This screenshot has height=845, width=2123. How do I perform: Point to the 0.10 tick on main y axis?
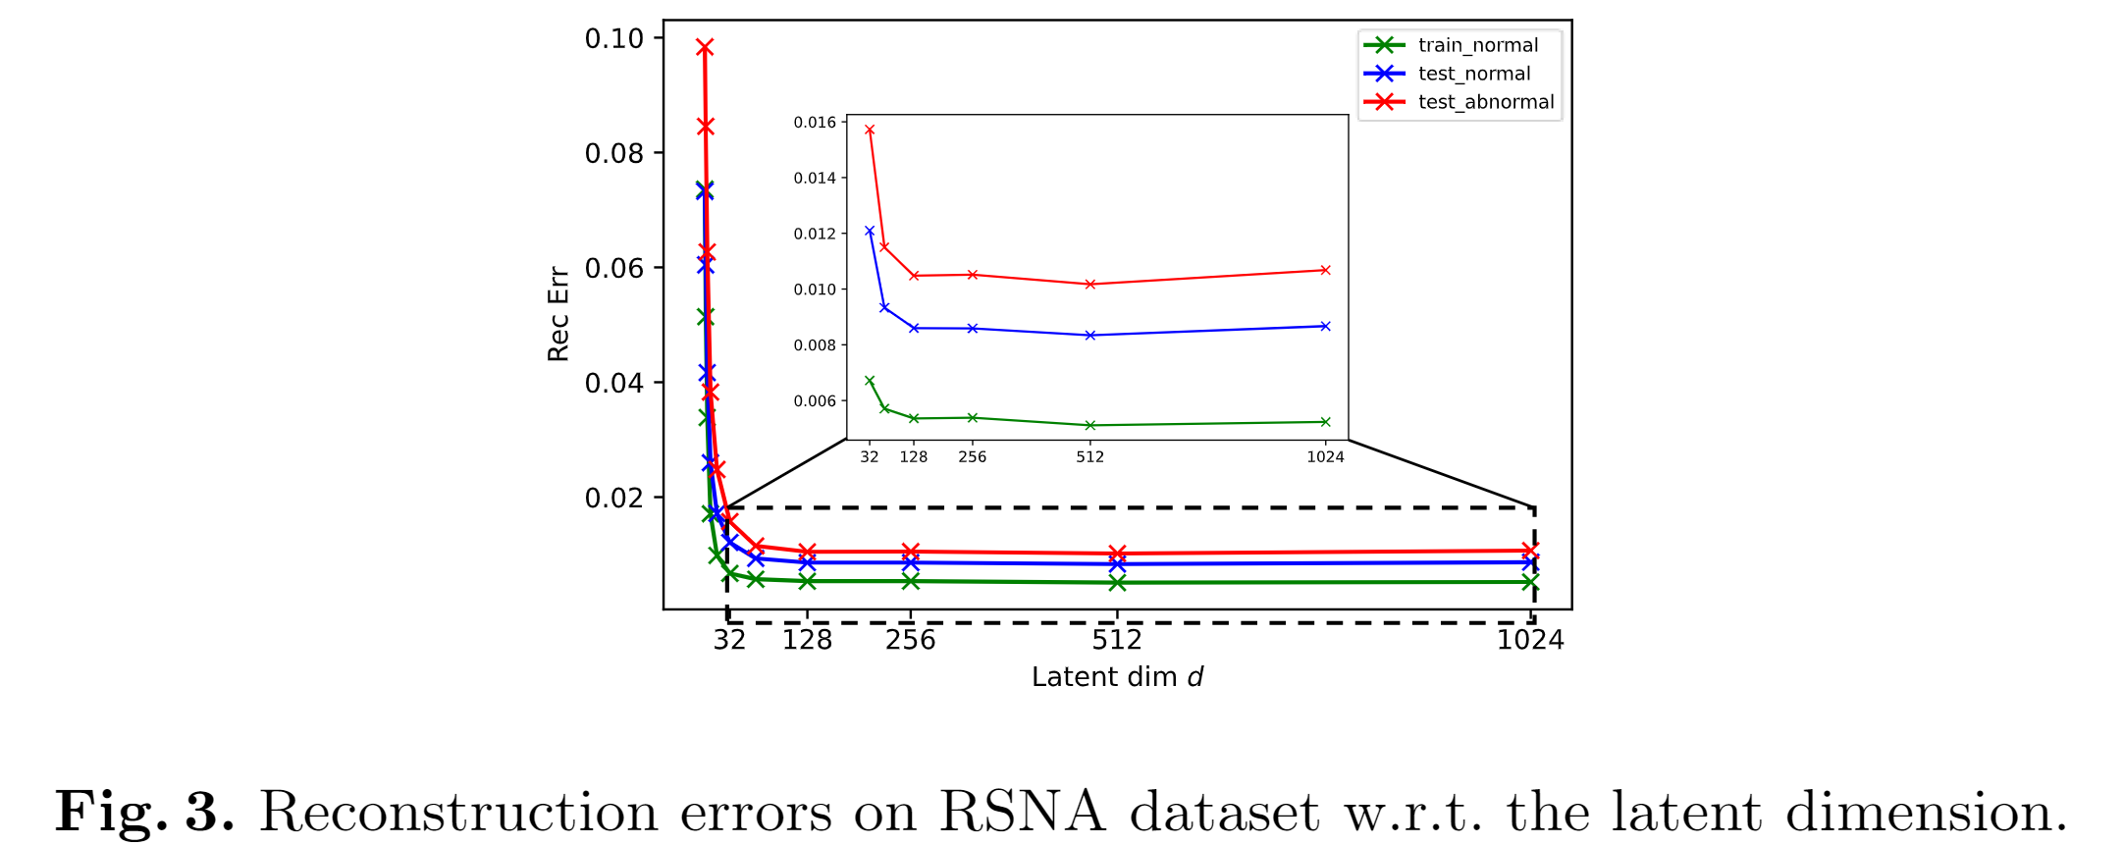click(x=613, y=38)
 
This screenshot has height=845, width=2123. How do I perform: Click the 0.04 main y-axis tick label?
click(x=613, y=383)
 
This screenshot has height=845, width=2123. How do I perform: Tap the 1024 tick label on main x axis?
click(x=1529, y=640)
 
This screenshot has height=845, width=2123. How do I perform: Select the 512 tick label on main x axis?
click(x=1117, y=640)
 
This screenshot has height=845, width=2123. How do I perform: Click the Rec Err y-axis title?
click(x=558, y=314)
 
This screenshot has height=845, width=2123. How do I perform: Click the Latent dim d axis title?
click(x=1117, y=677)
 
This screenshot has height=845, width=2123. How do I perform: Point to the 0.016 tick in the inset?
click(x=815, y=123)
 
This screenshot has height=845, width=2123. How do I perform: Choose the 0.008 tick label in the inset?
click(x=815, y=345)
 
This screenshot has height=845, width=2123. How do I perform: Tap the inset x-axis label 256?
click(x=972, y=457)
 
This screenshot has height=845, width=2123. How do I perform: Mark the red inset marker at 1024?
click(x=1325, y=270)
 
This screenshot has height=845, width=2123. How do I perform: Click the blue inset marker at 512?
click(x=1089, y=336)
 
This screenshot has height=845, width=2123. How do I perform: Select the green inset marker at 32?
click(x=870, y=381)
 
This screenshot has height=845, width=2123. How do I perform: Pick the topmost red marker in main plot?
click(x=704, y=47)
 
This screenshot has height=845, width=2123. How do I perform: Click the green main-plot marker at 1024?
click(x=1529, y=582)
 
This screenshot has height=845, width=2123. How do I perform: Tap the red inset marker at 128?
click(x=914, y=276)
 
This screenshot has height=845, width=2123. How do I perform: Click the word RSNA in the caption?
click(x=1022, y=813)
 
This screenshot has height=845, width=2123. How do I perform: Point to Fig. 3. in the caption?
click(x=144, y=813)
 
